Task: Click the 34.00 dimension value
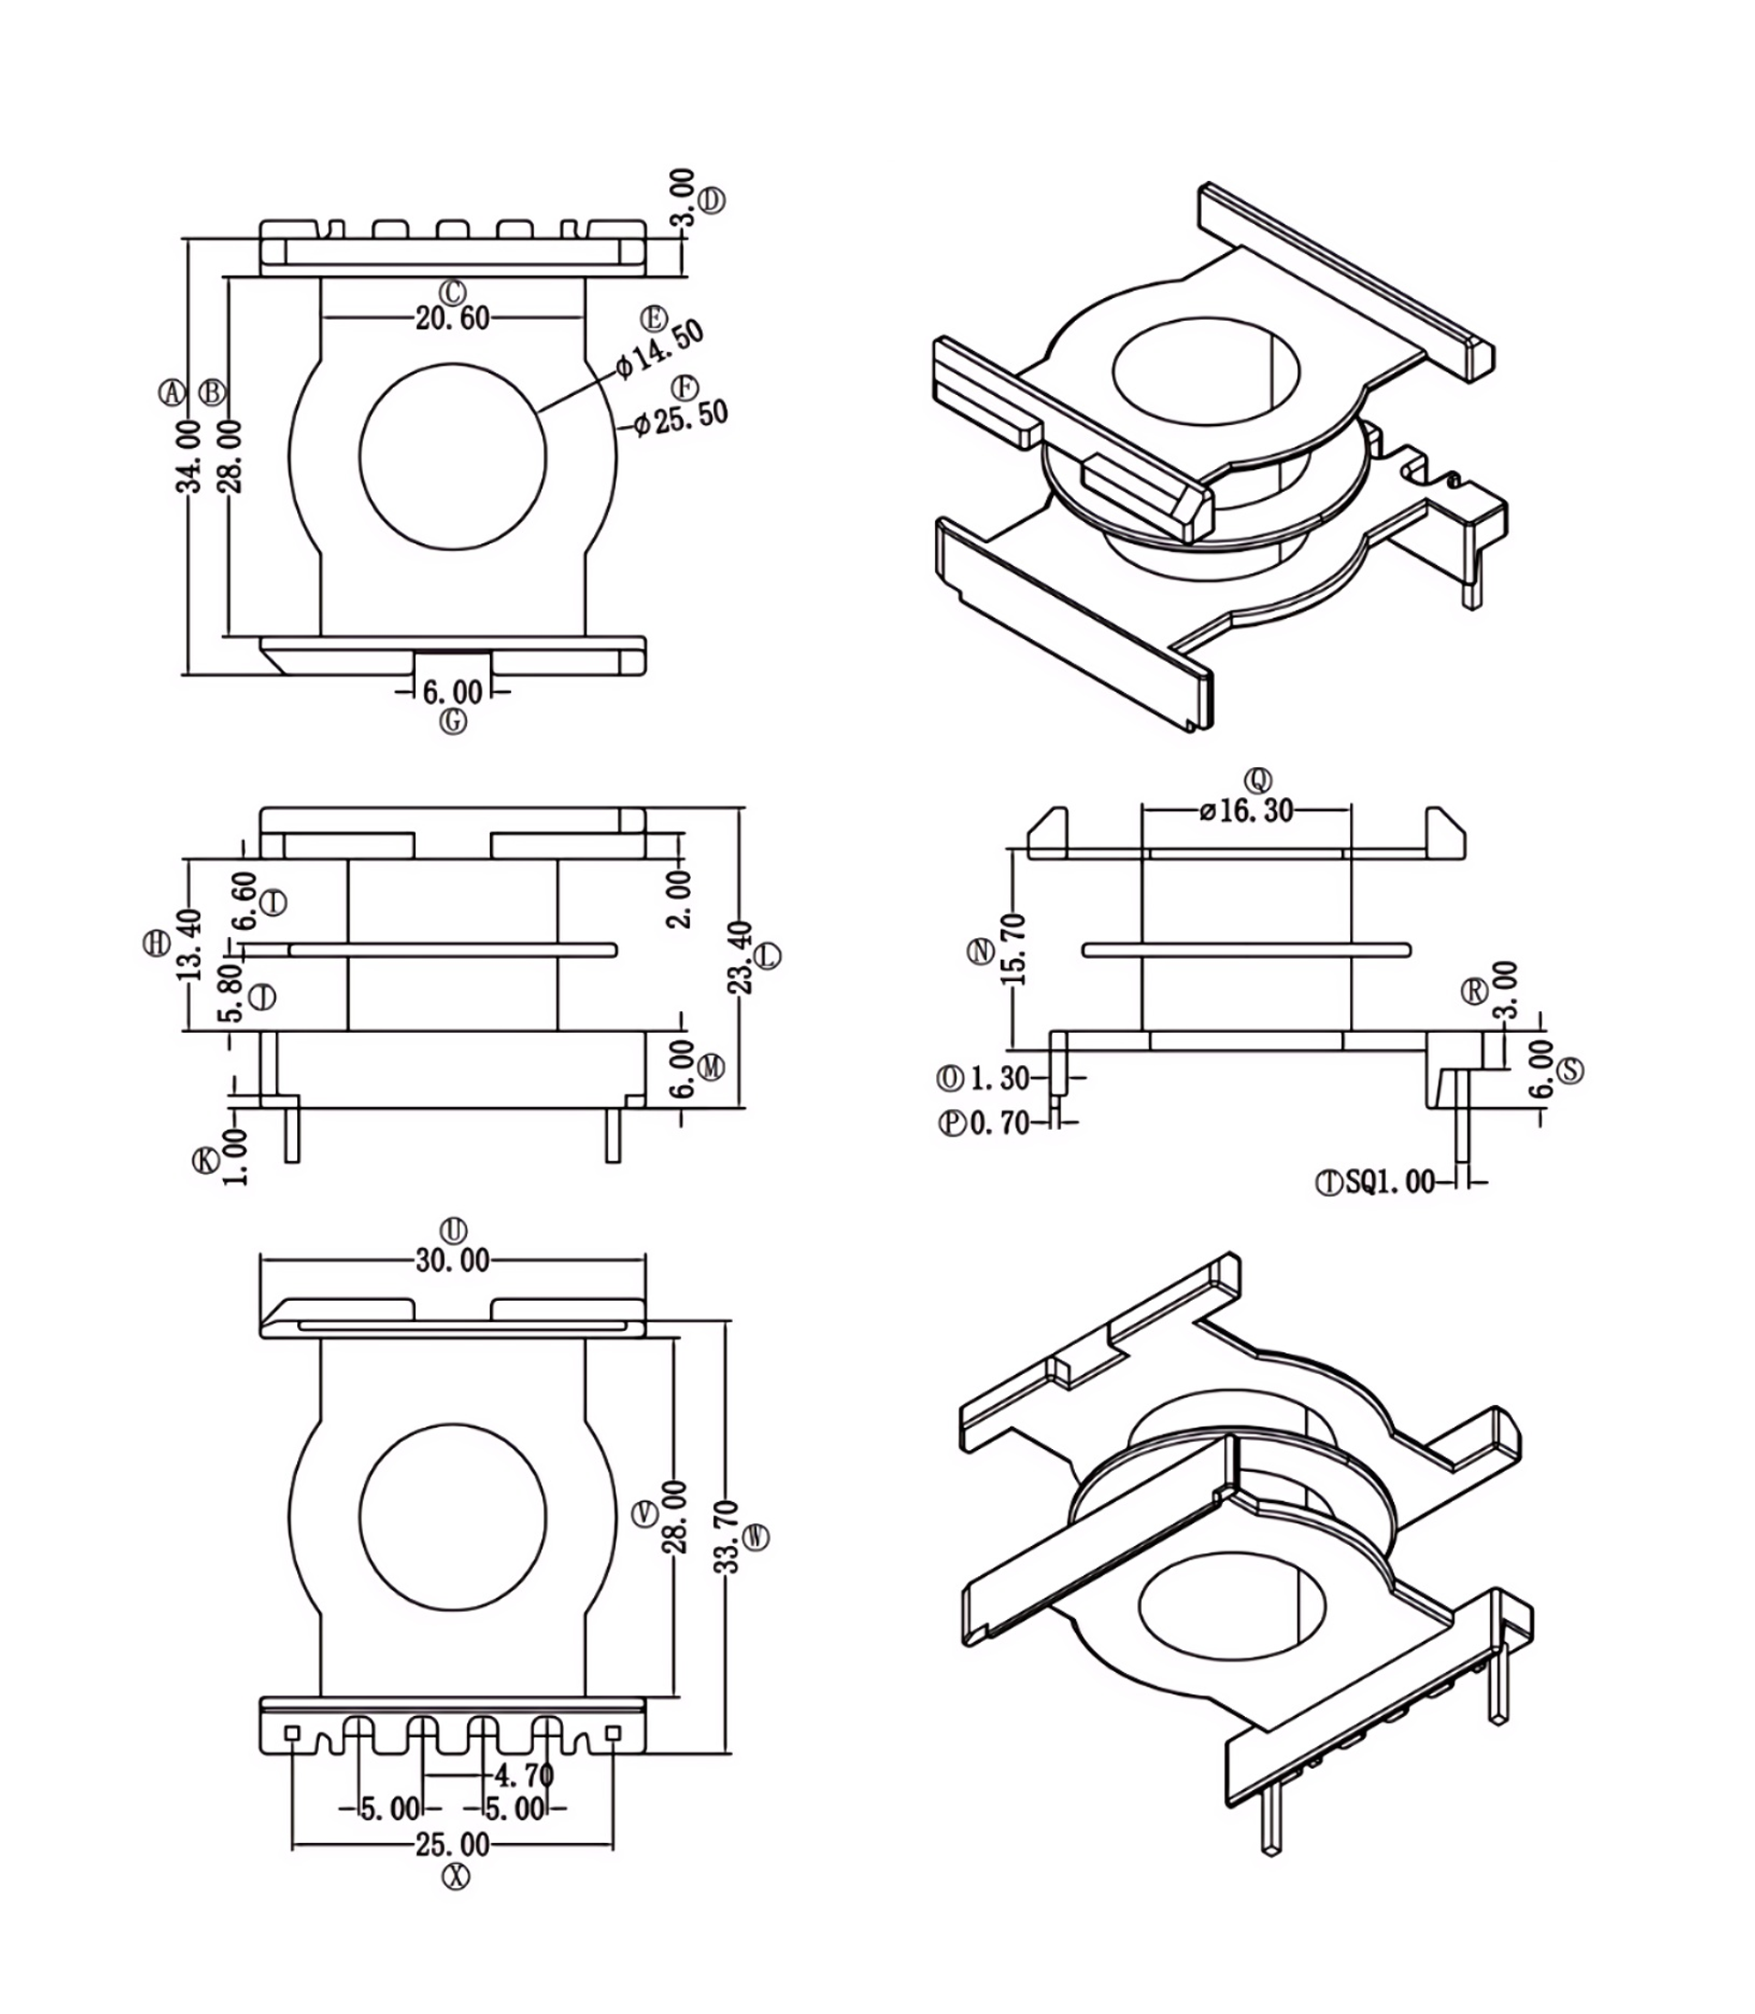point(188,455)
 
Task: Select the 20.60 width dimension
point(452,318)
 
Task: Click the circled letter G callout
point(453,722)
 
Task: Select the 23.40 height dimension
point(741,957)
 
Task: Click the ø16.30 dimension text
point(1247,811)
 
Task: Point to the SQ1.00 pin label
point(1389,1182)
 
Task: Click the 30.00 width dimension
point(452,1261)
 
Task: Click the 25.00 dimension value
point(452,1845)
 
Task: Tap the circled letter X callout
point(455,1876)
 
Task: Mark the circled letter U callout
point(454,1231)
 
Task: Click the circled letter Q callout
point(1259,781)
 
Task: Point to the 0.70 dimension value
point(999,1123)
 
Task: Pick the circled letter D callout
point(712,202)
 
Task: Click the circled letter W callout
point(757,1537)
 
